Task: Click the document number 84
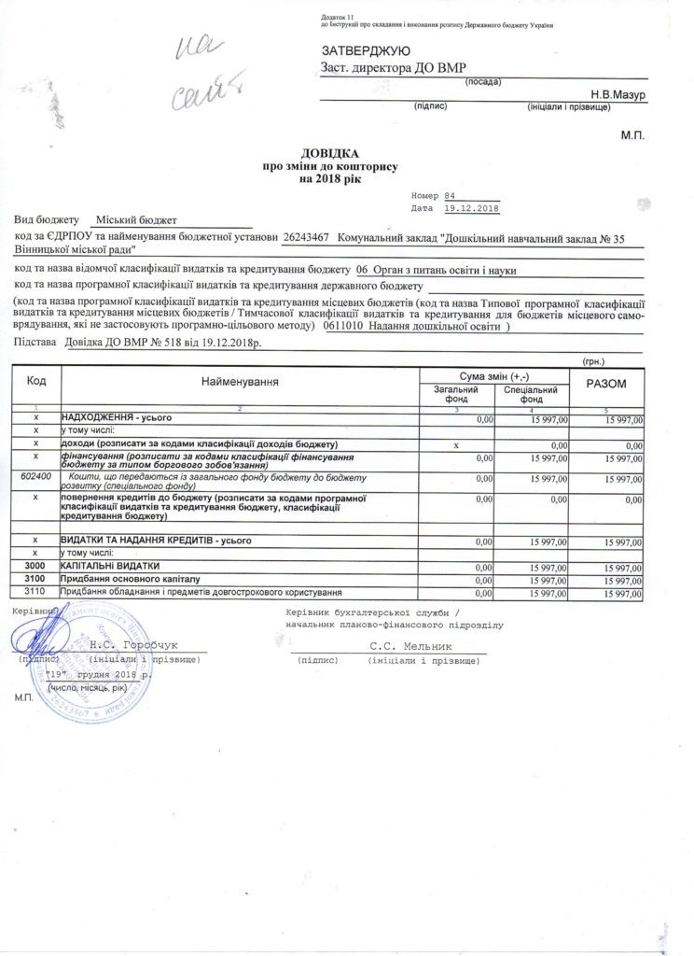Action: (x=451, y=195)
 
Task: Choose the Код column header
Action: (x=35, y=381)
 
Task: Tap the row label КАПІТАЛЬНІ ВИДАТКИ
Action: (x=110, y=566)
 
